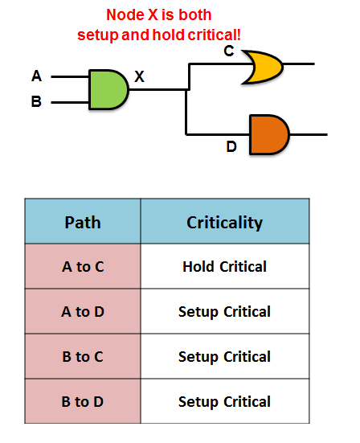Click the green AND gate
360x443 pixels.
tap(108, 89)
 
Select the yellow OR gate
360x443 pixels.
tap(262, 67)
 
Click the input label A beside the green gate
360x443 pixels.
tap(36, 76)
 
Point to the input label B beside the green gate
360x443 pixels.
tap(36, 103)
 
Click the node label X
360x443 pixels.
tap(139, 77)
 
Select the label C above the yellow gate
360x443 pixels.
tap(229, 51)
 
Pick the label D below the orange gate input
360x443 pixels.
tap(231, 146)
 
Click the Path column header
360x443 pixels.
tap(83, 222)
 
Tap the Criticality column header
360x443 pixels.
tap(224, 222)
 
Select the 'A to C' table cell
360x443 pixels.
tap(83, 267)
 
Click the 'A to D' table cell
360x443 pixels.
tap(83, 312)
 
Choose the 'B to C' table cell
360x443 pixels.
tap(83, 357)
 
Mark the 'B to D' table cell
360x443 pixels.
tap(83, 402)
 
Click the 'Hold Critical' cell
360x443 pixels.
tap(224, 267)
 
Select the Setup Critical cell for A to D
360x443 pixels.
tap(224, 312)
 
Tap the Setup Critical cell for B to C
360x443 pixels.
tap(224, 357)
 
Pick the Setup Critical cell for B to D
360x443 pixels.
tap(224, 402)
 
